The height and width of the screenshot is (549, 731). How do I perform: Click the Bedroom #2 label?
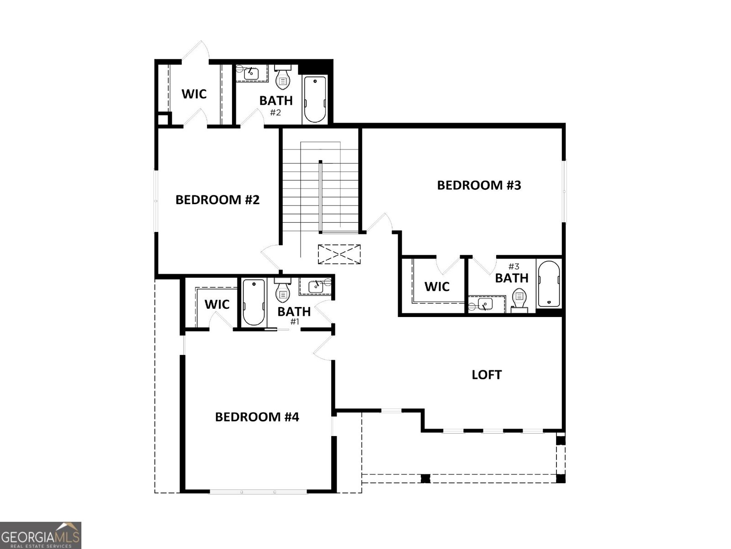coord(217,200)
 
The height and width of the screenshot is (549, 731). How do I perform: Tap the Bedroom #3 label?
coord(479,185)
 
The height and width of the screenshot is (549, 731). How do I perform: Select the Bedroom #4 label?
coord(257,417)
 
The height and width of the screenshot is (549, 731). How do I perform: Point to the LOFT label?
coord(487,375)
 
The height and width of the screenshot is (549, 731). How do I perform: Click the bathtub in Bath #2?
coord(315,99)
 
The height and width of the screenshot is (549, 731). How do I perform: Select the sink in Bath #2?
coord(251,73)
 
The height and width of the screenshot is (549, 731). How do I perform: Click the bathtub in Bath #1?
coord(253,302)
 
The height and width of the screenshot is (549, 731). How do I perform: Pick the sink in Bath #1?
coord(316,287)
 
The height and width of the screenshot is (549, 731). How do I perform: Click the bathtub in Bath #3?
coord(548,284)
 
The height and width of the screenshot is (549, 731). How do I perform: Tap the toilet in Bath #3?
coord(519,300)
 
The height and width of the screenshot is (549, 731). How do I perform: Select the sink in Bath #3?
coord(485,304)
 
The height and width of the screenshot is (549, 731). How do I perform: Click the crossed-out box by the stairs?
coord(339,254)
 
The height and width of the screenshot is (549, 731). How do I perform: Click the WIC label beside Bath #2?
coord(194,94)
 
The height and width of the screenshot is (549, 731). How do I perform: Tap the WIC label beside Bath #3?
coord(437,287)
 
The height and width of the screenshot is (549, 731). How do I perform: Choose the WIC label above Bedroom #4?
coord(217,304)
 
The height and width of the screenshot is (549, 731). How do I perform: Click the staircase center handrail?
coord(321,197)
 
